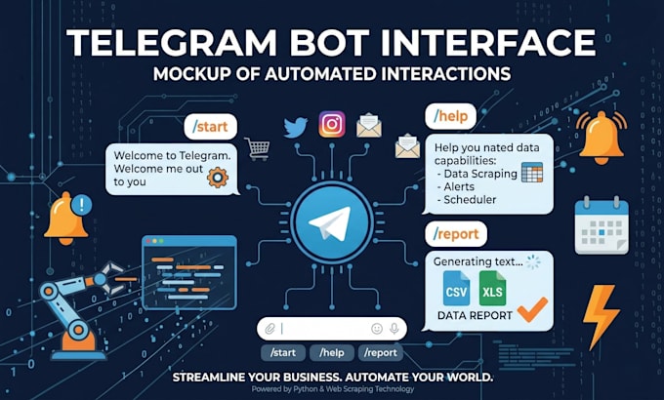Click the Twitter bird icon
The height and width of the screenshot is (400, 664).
point(296,127)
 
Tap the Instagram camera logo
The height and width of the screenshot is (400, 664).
point(332,124)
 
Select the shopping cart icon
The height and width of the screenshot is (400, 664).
point(257,148)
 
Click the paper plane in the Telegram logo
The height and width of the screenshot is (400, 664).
point(330,222)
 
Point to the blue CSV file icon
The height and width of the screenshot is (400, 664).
point(456,288)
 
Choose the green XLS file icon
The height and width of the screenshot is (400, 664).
point(492,288)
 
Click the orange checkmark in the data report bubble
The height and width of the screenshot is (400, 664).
point(532,309)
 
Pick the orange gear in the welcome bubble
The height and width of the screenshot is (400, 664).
point(218,178)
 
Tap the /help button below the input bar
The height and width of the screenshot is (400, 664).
point(332,352)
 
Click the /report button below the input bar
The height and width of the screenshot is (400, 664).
point(381,352)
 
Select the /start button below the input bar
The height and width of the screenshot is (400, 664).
point(283,352)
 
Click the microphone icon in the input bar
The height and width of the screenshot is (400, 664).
point(394,329)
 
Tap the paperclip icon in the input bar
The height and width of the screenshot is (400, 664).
point(270,329)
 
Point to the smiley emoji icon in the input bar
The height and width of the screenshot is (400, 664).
point(377,329)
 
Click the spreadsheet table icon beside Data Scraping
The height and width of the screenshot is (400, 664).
point(532,173)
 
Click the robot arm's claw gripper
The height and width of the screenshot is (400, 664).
point(110,277)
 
